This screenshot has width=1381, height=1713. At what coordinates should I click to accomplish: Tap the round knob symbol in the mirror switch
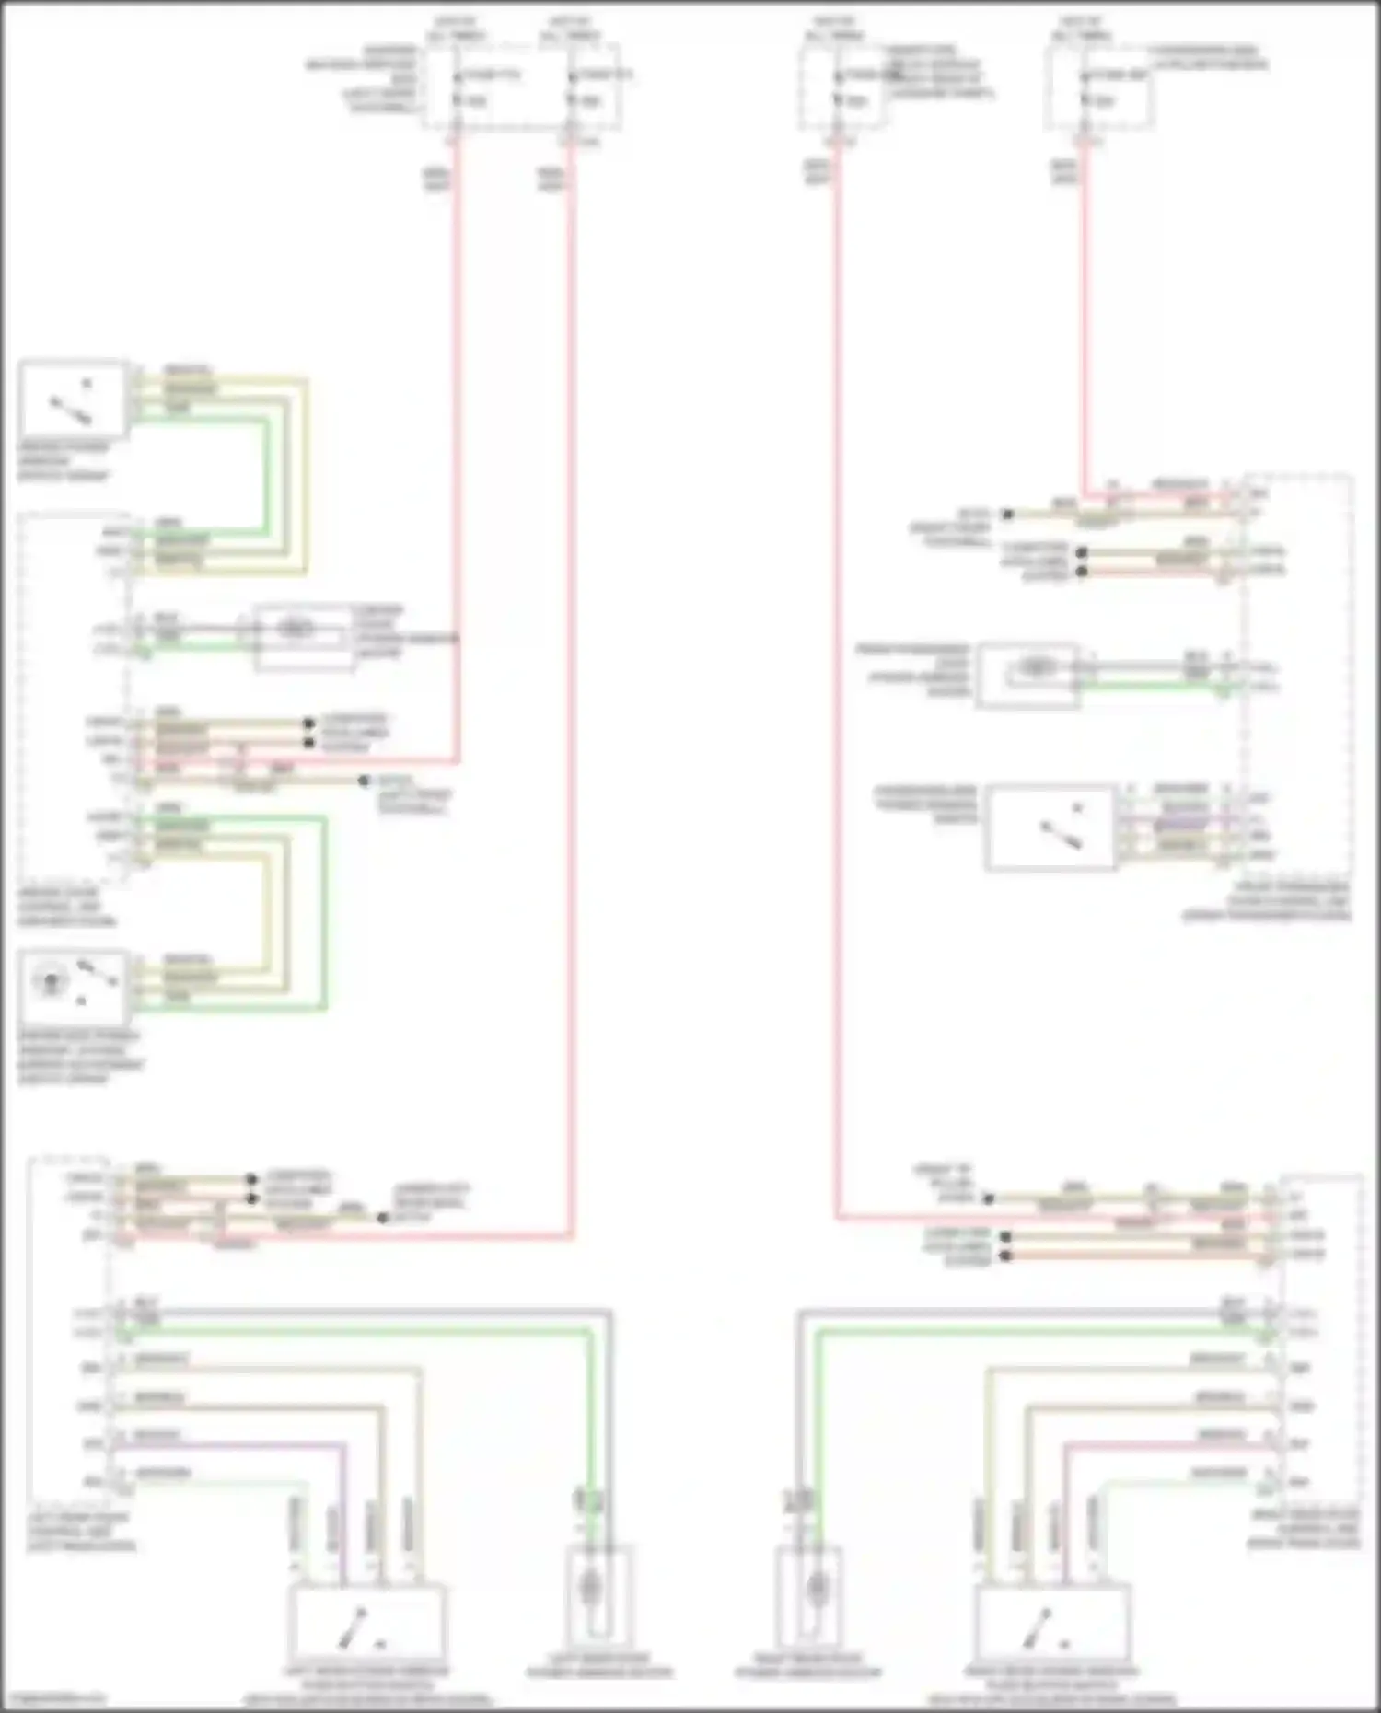pos(49,981)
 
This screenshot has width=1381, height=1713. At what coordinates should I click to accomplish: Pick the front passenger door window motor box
pos(1027,676)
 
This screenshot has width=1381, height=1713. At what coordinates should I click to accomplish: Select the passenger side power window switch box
pos(1050,827)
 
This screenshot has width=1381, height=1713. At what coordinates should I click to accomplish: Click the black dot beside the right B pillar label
pos(988,1199)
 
